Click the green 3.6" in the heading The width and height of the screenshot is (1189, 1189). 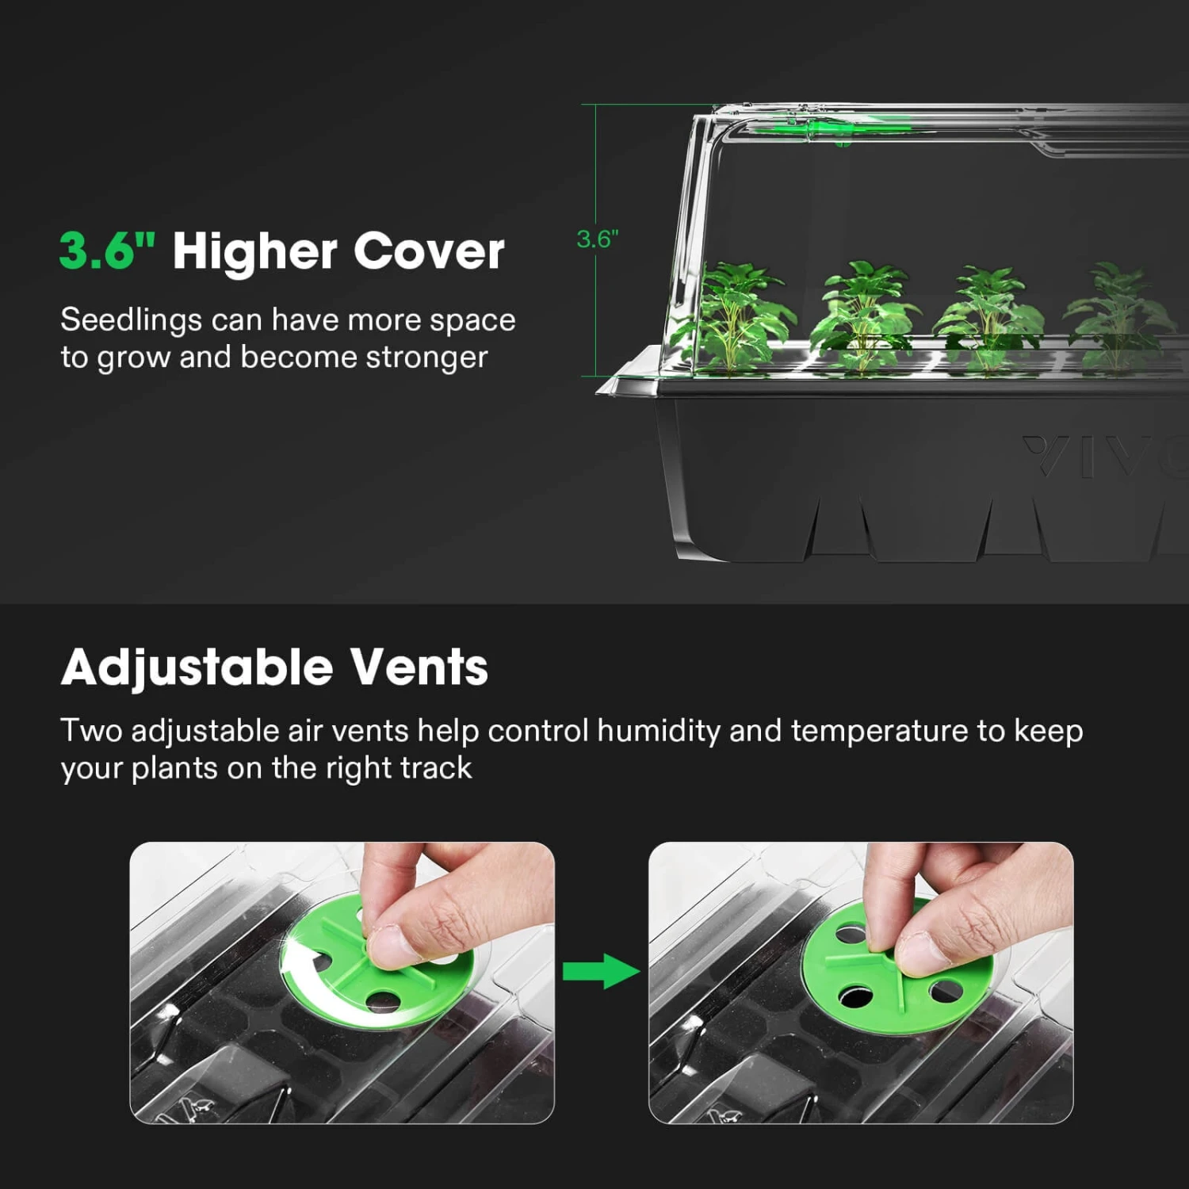107,251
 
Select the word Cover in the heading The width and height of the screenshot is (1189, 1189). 429,251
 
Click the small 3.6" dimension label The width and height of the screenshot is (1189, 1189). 597,239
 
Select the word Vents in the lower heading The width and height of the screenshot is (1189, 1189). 419,667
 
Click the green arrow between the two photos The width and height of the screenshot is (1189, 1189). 601,970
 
